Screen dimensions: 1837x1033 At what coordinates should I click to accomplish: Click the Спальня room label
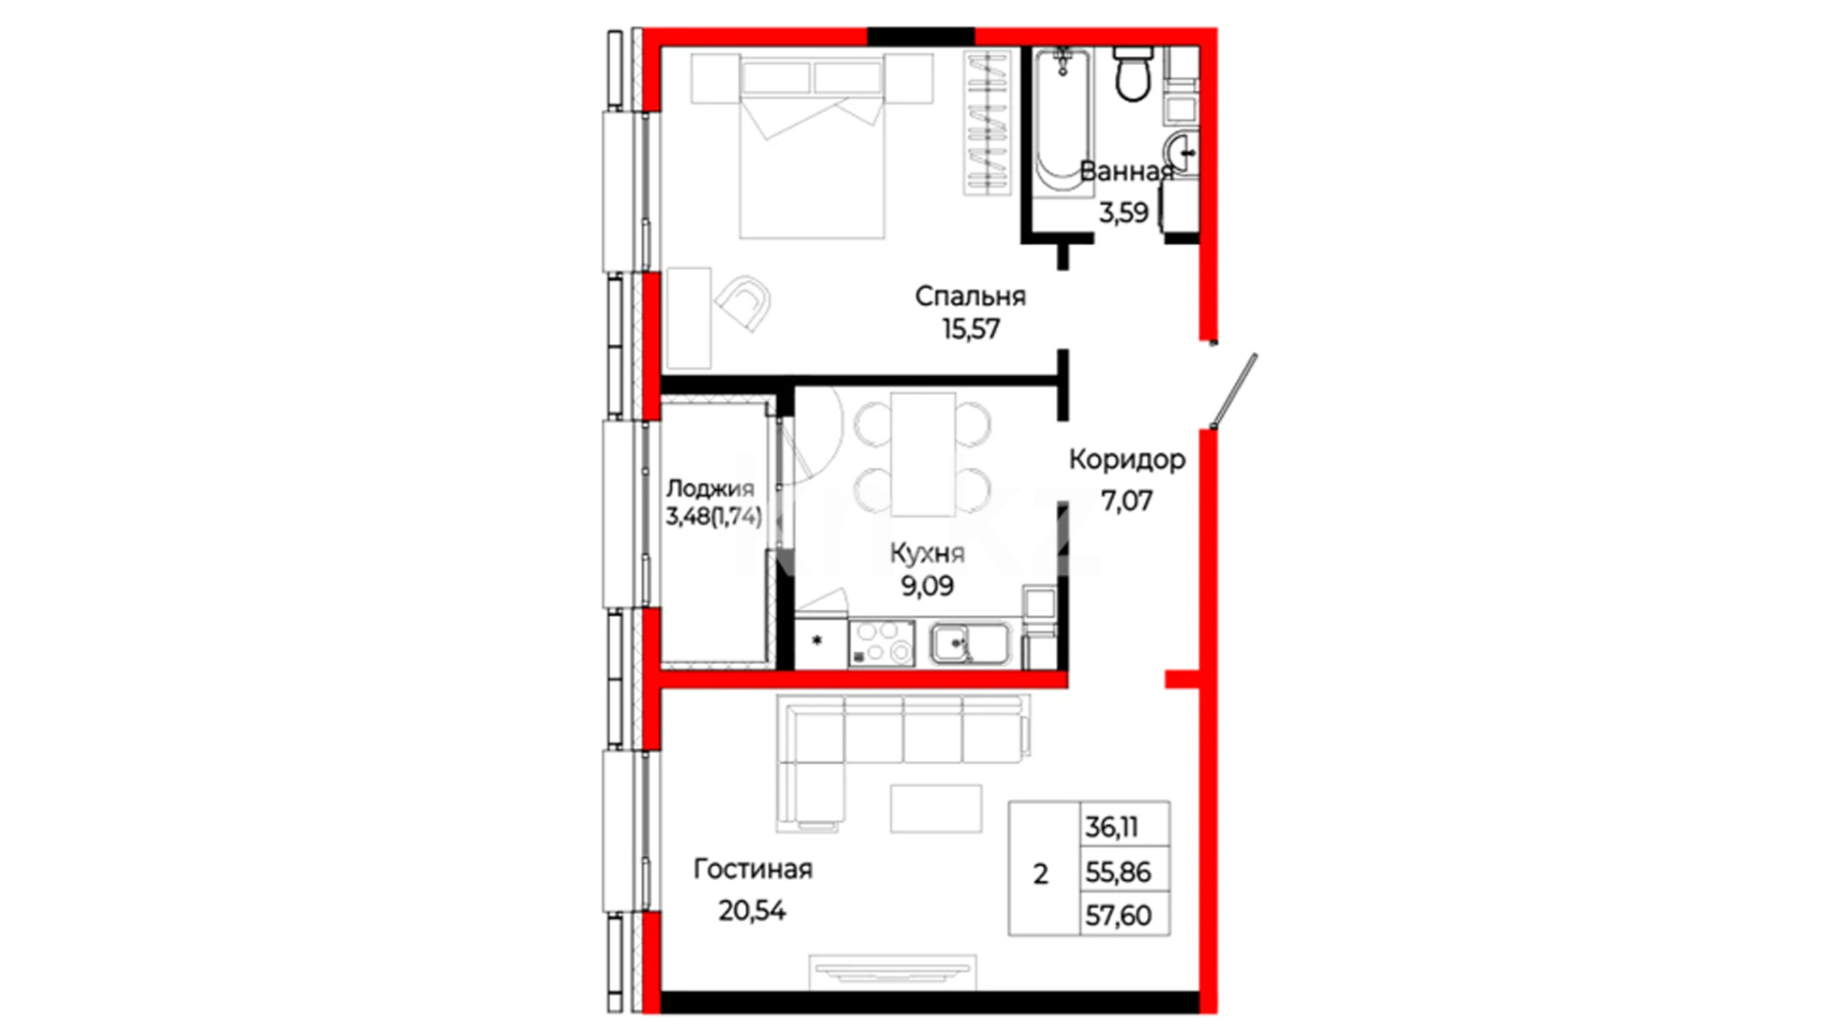[970, 297]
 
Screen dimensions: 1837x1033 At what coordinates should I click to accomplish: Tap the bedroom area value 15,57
[971, 329]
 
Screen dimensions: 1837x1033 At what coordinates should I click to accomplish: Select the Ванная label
[1127, 171]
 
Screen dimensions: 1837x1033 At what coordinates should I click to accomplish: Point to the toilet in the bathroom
[1134, 74]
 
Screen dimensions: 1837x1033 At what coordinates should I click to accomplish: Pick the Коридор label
[1127, 461]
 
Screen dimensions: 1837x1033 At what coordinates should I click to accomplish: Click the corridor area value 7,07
[1127, 500]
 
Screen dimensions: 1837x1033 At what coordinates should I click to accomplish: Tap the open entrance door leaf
[1233, 391]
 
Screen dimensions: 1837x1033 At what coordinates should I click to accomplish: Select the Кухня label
[927, 553]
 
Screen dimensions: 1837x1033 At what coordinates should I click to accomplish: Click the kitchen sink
[969, 644]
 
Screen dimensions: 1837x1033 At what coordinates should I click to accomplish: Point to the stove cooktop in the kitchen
[881, 644]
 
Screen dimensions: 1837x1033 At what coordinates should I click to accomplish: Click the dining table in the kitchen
[923, 454]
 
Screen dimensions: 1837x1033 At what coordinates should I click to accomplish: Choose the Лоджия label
[710, 489]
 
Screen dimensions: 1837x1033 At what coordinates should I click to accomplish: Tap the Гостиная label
[753, 869]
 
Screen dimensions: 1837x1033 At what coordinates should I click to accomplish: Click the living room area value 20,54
[752, 911]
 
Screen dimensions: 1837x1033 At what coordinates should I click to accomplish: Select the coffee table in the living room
[936, 808]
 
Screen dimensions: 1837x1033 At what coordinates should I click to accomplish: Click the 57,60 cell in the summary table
[1118, 915]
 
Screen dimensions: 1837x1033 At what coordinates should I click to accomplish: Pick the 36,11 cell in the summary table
[1112, 826]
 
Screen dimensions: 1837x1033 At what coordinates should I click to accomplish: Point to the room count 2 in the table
[1041, 873]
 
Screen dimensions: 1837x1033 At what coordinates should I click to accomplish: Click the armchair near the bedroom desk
[743, 303]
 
